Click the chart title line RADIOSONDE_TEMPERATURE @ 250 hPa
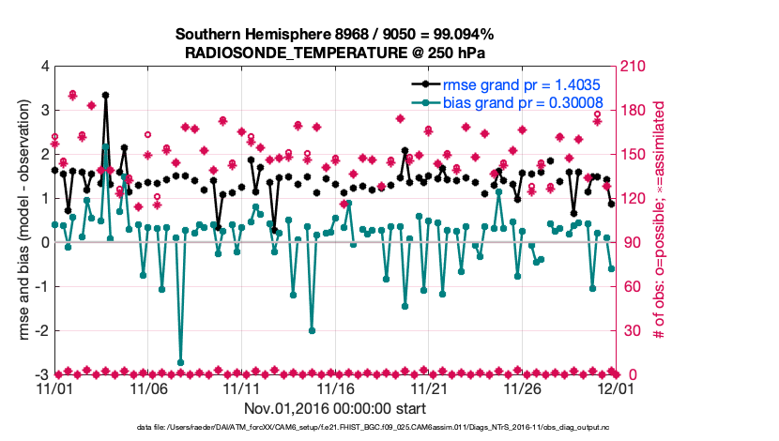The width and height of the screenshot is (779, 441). (335, 53)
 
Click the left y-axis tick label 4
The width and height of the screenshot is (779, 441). (43, 67)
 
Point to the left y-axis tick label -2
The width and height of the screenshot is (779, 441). (40, 330)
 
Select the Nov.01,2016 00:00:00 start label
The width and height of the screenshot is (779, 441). (335, 409)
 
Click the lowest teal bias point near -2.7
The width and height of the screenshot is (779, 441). (180, 362)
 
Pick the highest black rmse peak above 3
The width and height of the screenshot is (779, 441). (105, 95)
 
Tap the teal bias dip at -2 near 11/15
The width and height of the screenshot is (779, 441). (312, 330)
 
